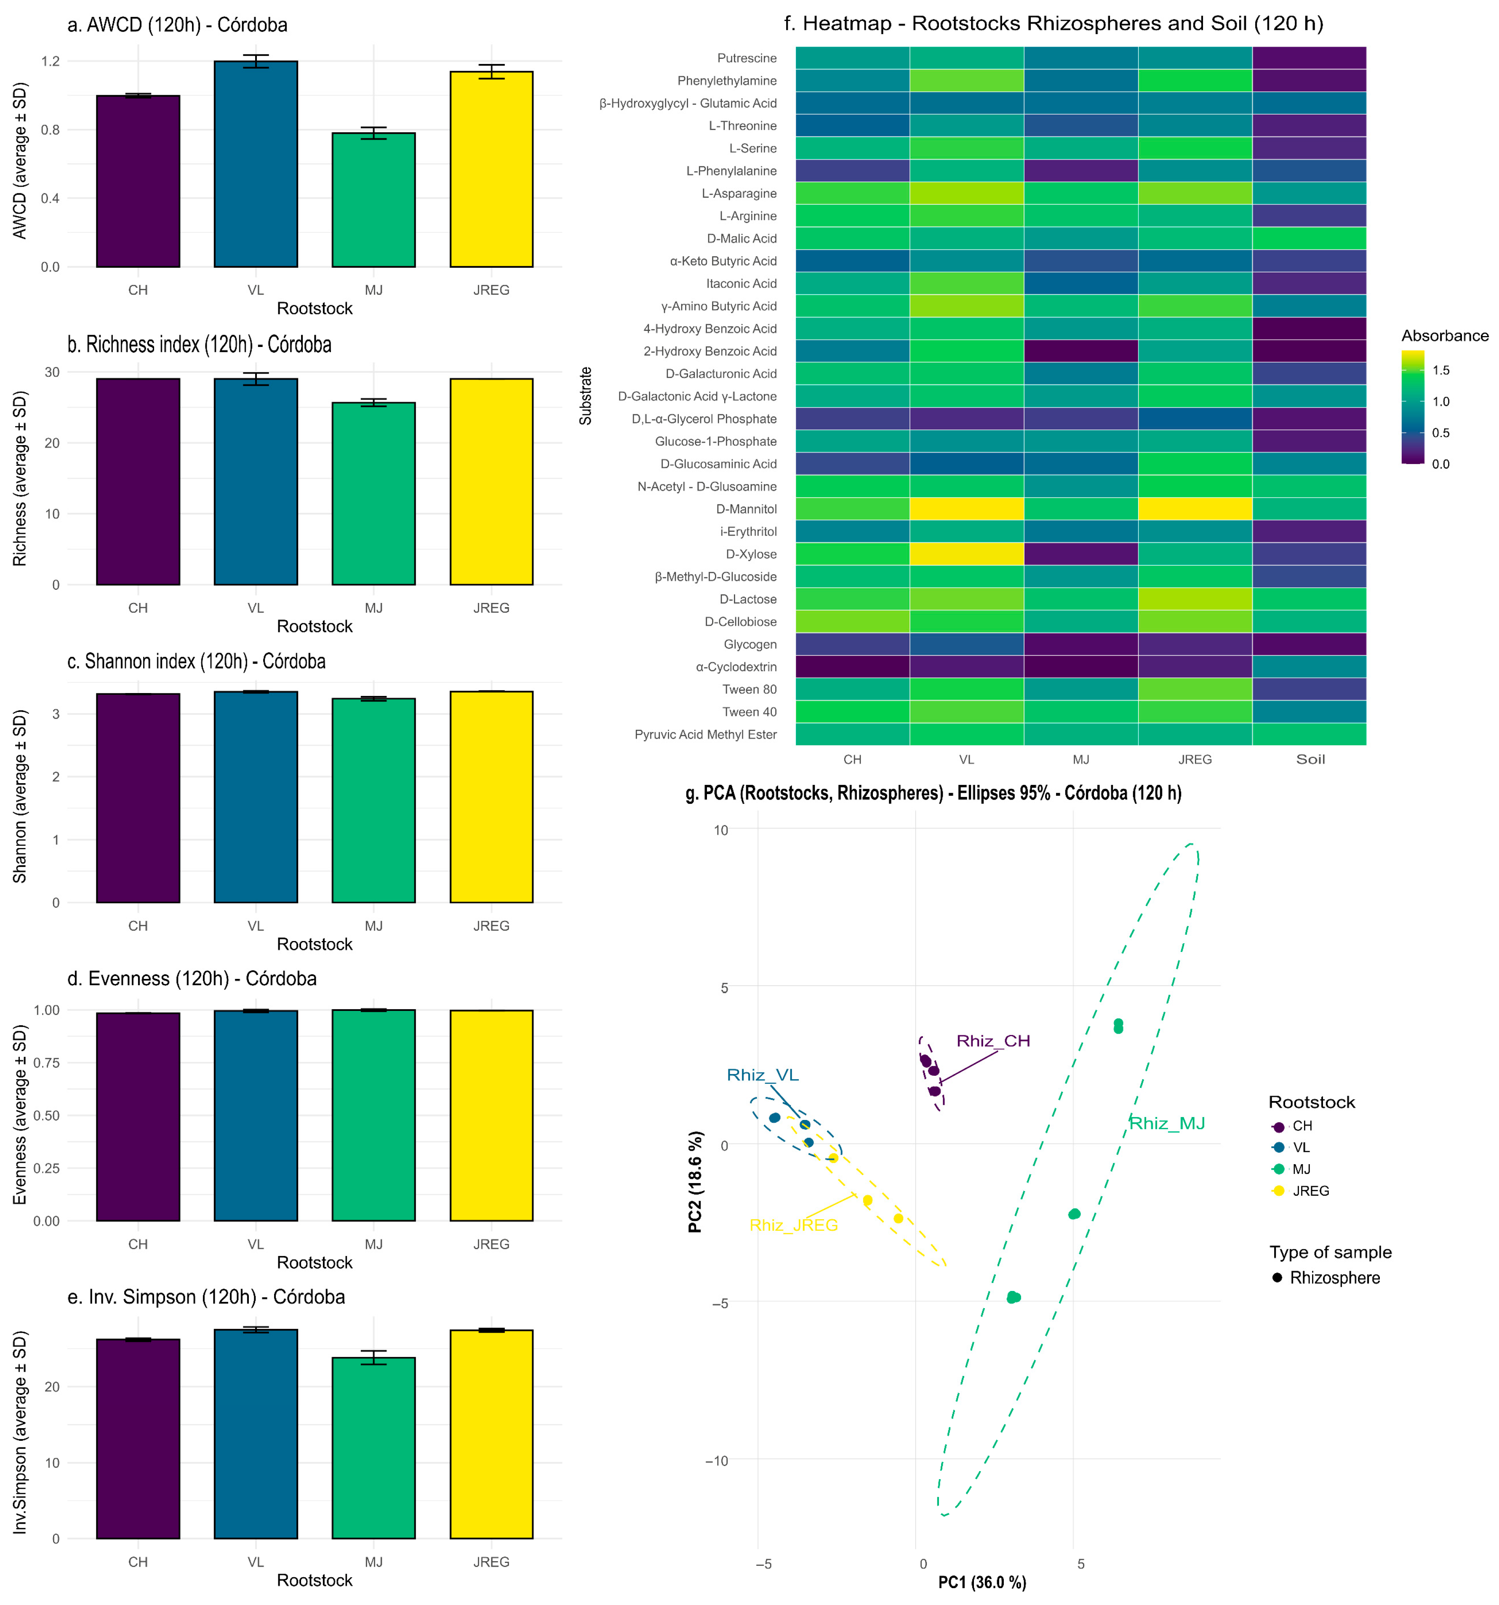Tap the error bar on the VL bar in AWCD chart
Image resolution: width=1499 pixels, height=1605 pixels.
[256, 61]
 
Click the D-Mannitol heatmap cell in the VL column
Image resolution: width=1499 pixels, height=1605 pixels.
[966, 509]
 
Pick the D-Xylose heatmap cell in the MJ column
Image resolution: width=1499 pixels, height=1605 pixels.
[1081, 554]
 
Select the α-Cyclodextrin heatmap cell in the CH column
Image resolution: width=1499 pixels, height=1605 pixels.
[852, 667]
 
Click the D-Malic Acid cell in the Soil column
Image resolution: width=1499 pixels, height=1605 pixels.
[1309, 238]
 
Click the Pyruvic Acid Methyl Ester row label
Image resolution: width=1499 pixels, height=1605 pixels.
[706, 735]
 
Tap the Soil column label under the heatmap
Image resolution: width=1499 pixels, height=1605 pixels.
[1310, 759]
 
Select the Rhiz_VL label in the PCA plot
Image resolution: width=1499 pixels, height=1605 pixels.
[763, 1074]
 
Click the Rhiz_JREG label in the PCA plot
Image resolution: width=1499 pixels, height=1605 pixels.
[793, 1226]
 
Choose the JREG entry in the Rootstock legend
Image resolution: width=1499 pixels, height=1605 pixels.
[1300, 1191]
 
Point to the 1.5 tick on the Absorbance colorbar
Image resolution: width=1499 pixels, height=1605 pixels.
[1441, 371]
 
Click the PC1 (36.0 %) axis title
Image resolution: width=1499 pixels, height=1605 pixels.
[982, 1582]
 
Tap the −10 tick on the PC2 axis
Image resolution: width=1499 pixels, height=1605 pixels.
[715, 1461]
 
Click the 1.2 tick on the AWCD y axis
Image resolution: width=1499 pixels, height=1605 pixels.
[50, 61]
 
